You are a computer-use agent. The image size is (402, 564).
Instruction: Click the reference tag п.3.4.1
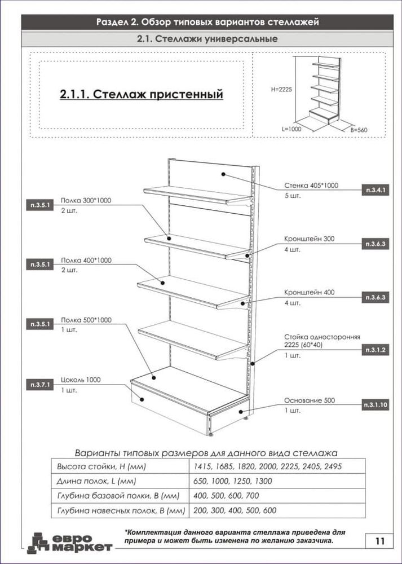click(x=376, y=190)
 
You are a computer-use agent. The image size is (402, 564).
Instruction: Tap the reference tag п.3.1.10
click(x=376, y=405)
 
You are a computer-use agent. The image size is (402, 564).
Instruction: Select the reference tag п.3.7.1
click(x=40, y=385)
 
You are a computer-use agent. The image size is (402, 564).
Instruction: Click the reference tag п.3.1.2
click(x=376, y=350)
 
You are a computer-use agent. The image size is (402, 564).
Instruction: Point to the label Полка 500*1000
click(x=86, y=320)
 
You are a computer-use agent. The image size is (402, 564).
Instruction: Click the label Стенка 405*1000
click(x=311, y=186)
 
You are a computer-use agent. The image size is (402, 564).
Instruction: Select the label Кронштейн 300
click(x=309, y=239)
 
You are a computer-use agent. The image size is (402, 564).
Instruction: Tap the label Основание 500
click(x=309, y=400)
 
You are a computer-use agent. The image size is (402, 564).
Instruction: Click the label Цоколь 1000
click(x=81, y=380)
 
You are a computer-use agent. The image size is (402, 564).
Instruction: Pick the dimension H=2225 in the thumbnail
click(x=281, y=90)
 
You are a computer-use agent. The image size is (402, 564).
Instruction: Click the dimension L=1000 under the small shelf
click(x=291, y=129)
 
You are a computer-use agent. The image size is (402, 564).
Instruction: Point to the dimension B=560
click(x=359, y=130)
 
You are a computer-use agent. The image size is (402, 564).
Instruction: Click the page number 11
click(x=379, y=541)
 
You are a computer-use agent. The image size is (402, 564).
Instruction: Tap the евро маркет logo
click(x=70, y=543)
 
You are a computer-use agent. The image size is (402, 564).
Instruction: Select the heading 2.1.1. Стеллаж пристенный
click(x=142, y=94)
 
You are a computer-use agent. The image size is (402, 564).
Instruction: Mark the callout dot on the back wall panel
click(x=223, y=174)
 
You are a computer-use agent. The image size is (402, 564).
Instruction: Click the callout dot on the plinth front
click(x=142, y=399)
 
